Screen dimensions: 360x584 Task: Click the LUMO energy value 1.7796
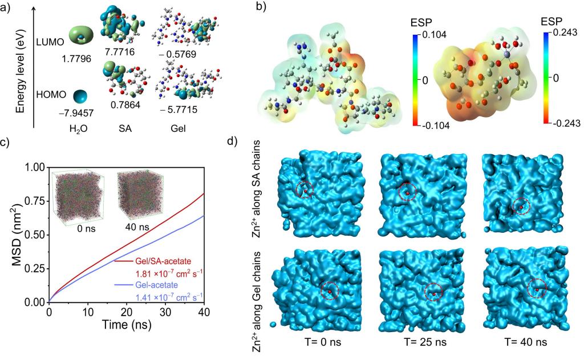77,58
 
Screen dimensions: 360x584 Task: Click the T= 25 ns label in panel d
435,342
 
